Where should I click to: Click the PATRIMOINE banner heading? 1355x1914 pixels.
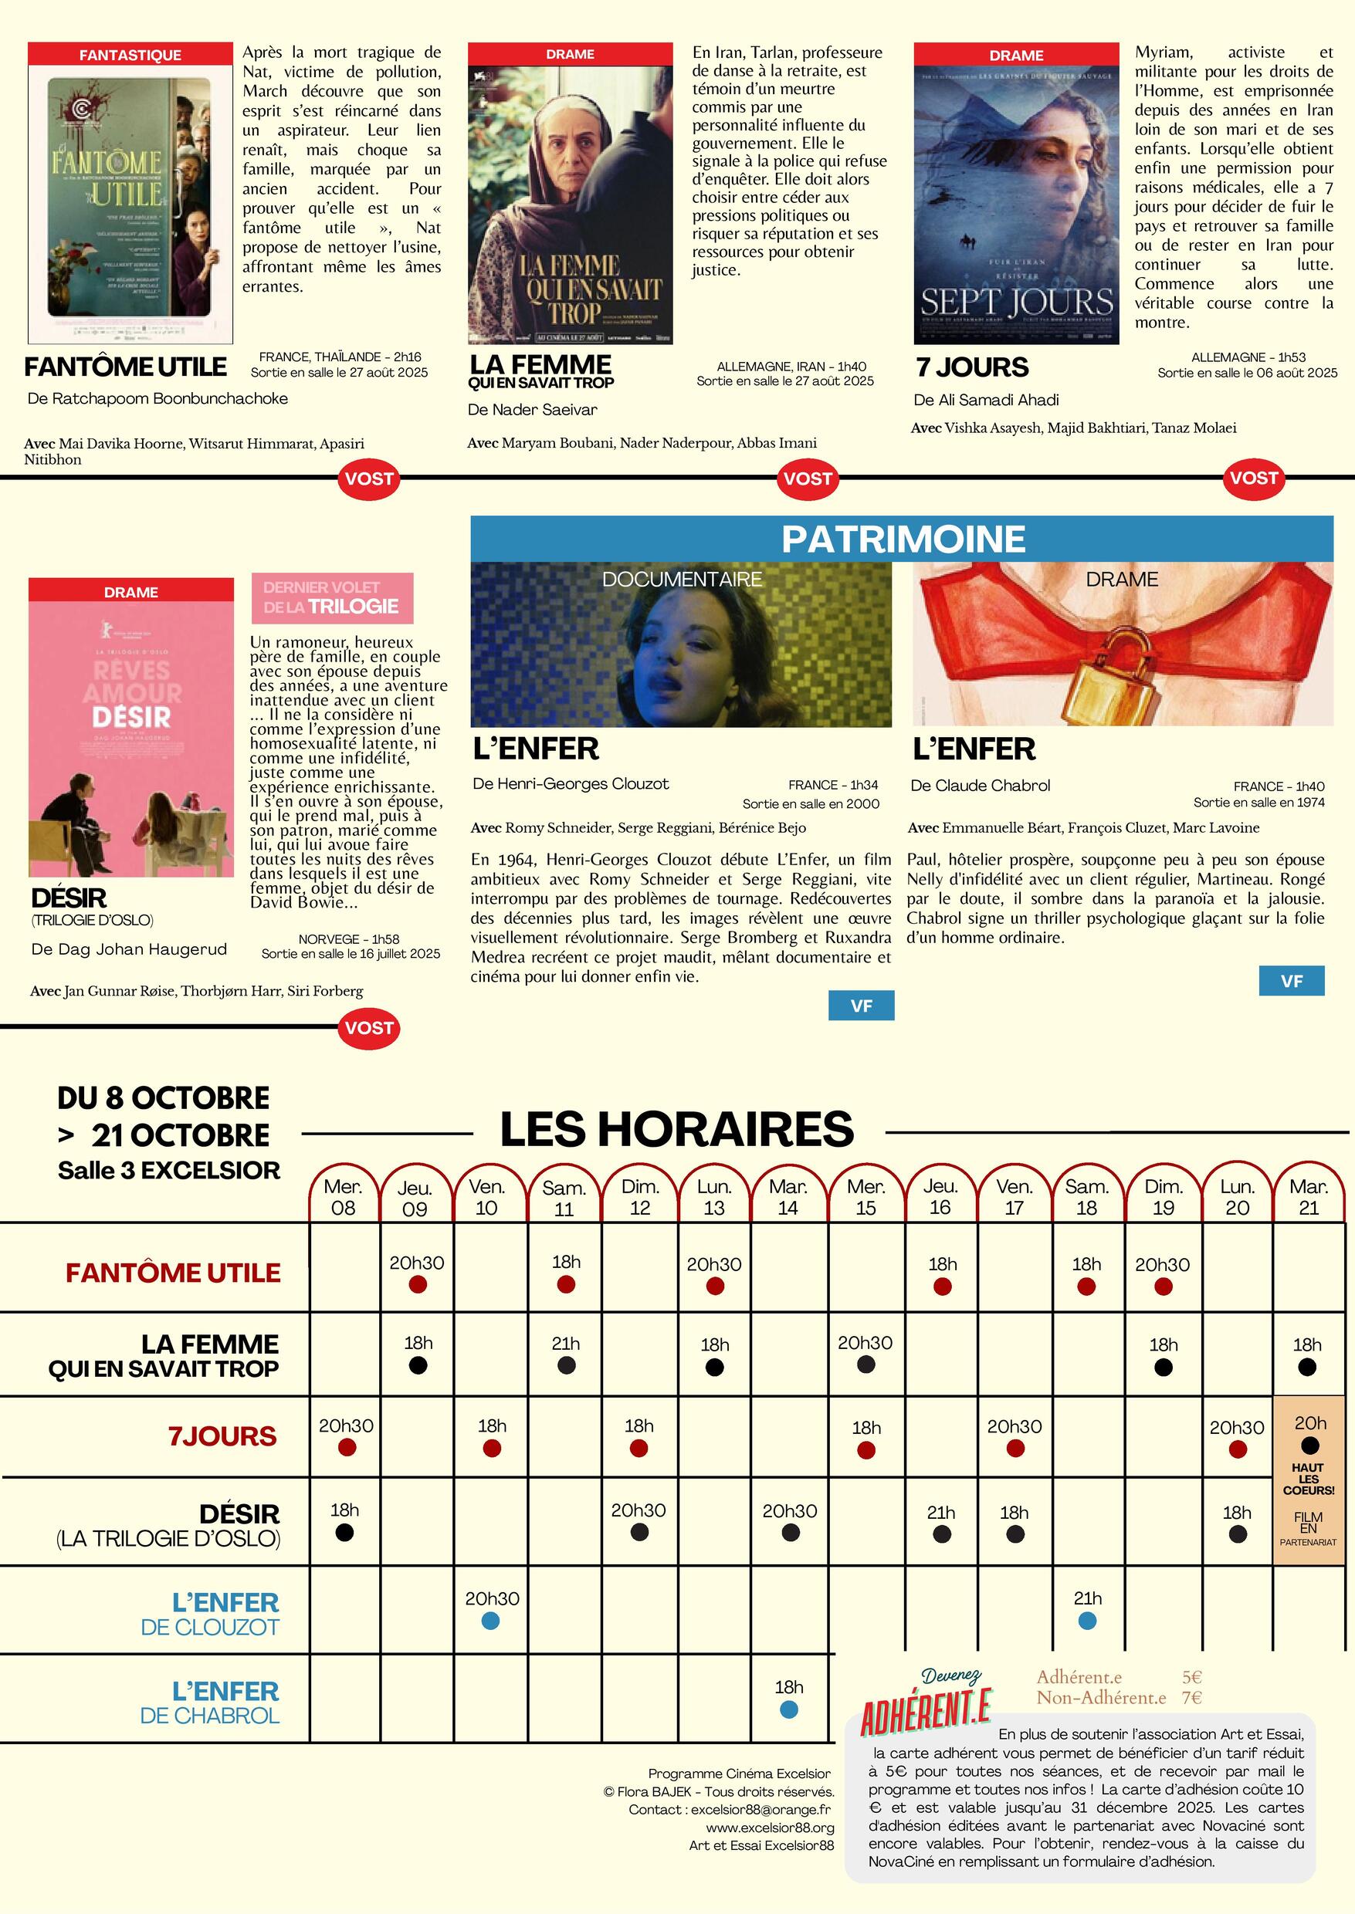click(x=903, y=539)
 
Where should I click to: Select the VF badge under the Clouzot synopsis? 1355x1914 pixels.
click(x=861, y=1006)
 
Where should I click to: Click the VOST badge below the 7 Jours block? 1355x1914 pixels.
click(x=1253, y=478)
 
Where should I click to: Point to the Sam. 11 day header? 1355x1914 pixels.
click(x=564, y=1198)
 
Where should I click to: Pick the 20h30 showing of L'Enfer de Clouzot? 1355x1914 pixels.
click(x=492, y=1599)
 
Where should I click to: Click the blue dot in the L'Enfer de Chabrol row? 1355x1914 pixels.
click(x=788, y=1709)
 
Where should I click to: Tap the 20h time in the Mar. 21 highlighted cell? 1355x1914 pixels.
click(x=1310, y=1424)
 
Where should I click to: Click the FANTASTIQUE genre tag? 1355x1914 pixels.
click(x=130, y=55)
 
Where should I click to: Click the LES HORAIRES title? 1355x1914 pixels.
click(x=676, y=1129)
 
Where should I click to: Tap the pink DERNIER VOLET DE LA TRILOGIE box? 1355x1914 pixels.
click(x=332, y=598)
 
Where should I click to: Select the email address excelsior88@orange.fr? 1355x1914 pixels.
click(x=761, y=1809)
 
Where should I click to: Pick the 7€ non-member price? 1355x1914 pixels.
click(x=1191, y=1697)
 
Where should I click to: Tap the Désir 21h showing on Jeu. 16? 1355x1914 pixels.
click(x=941, y=1513)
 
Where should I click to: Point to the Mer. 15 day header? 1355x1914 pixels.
click(x=866, y=1197)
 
